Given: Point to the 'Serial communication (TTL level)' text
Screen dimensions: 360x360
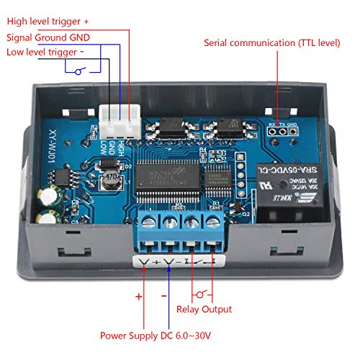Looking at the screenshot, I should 271,43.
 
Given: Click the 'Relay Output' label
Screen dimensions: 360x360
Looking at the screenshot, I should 204,309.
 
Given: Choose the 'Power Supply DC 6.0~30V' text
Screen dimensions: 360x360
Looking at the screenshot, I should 155,336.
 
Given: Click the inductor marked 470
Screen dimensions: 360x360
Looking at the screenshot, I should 110,176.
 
